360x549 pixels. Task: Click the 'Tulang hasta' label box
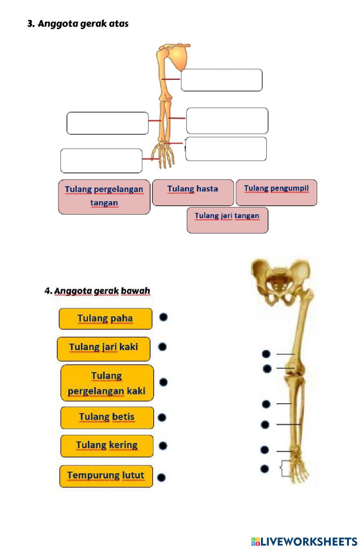pos(193,193)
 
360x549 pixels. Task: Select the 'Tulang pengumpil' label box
pos(276,193)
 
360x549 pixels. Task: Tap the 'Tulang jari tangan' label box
pos(227,220)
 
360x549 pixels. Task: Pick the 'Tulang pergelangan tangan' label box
pos(104,197)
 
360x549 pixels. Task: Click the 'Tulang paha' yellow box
pos(105,319)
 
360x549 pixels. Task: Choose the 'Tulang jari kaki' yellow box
pos(104,349)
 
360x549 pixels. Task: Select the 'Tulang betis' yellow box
pos(107,418)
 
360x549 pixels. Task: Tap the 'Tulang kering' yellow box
pos(107,446)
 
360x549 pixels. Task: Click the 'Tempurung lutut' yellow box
pos(106,476)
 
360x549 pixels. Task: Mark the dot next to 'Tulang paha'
pos(163,317)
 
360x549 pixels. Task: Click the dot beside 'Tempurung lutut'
pos(162,477)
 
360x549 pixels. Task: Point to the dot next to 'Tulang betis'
pos(162,418)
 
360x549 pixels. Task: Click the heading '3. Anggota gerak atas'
pos(78,24)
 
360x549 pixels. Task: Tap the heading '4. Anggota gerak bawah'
pos(97,291)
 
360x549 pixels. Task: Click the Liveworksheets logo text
pos(304,541)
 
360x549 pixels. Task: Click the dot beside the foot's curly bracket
pos(265,469)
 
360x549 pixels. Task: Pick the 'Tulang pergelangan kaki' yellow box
pos(107,383)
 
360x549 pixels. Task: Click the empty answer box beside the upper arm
pos(221,80)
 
